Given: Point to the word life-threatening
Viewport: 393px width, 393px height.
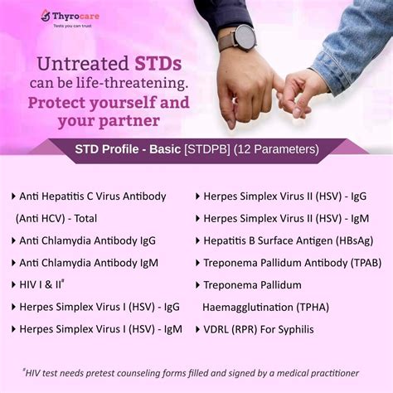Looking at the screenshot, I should [x=147, y=85].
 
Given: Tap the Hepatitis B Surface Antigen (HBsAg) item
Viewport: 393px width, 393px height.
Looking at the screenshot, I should [x=286, y=240].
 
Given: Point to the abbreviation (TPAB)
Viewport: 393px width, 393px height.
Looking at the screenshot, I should [x=352, y=263].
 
